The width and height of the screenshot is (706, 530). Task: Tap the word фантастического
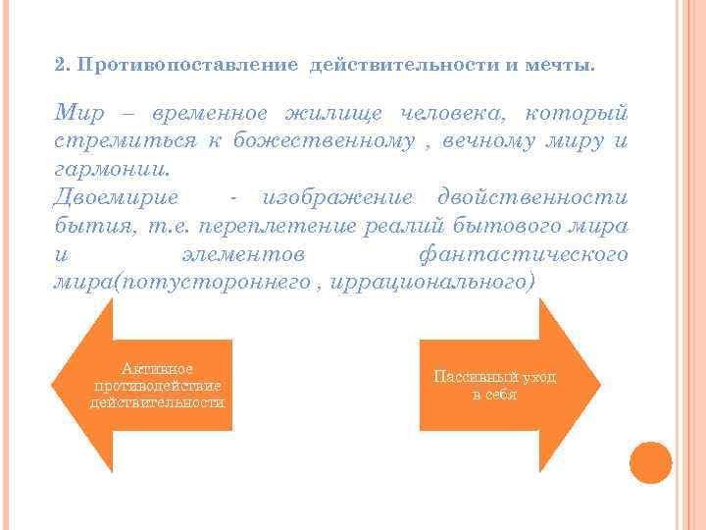522,254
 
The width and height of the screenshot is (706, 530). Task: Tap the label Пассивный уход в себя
494,386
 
